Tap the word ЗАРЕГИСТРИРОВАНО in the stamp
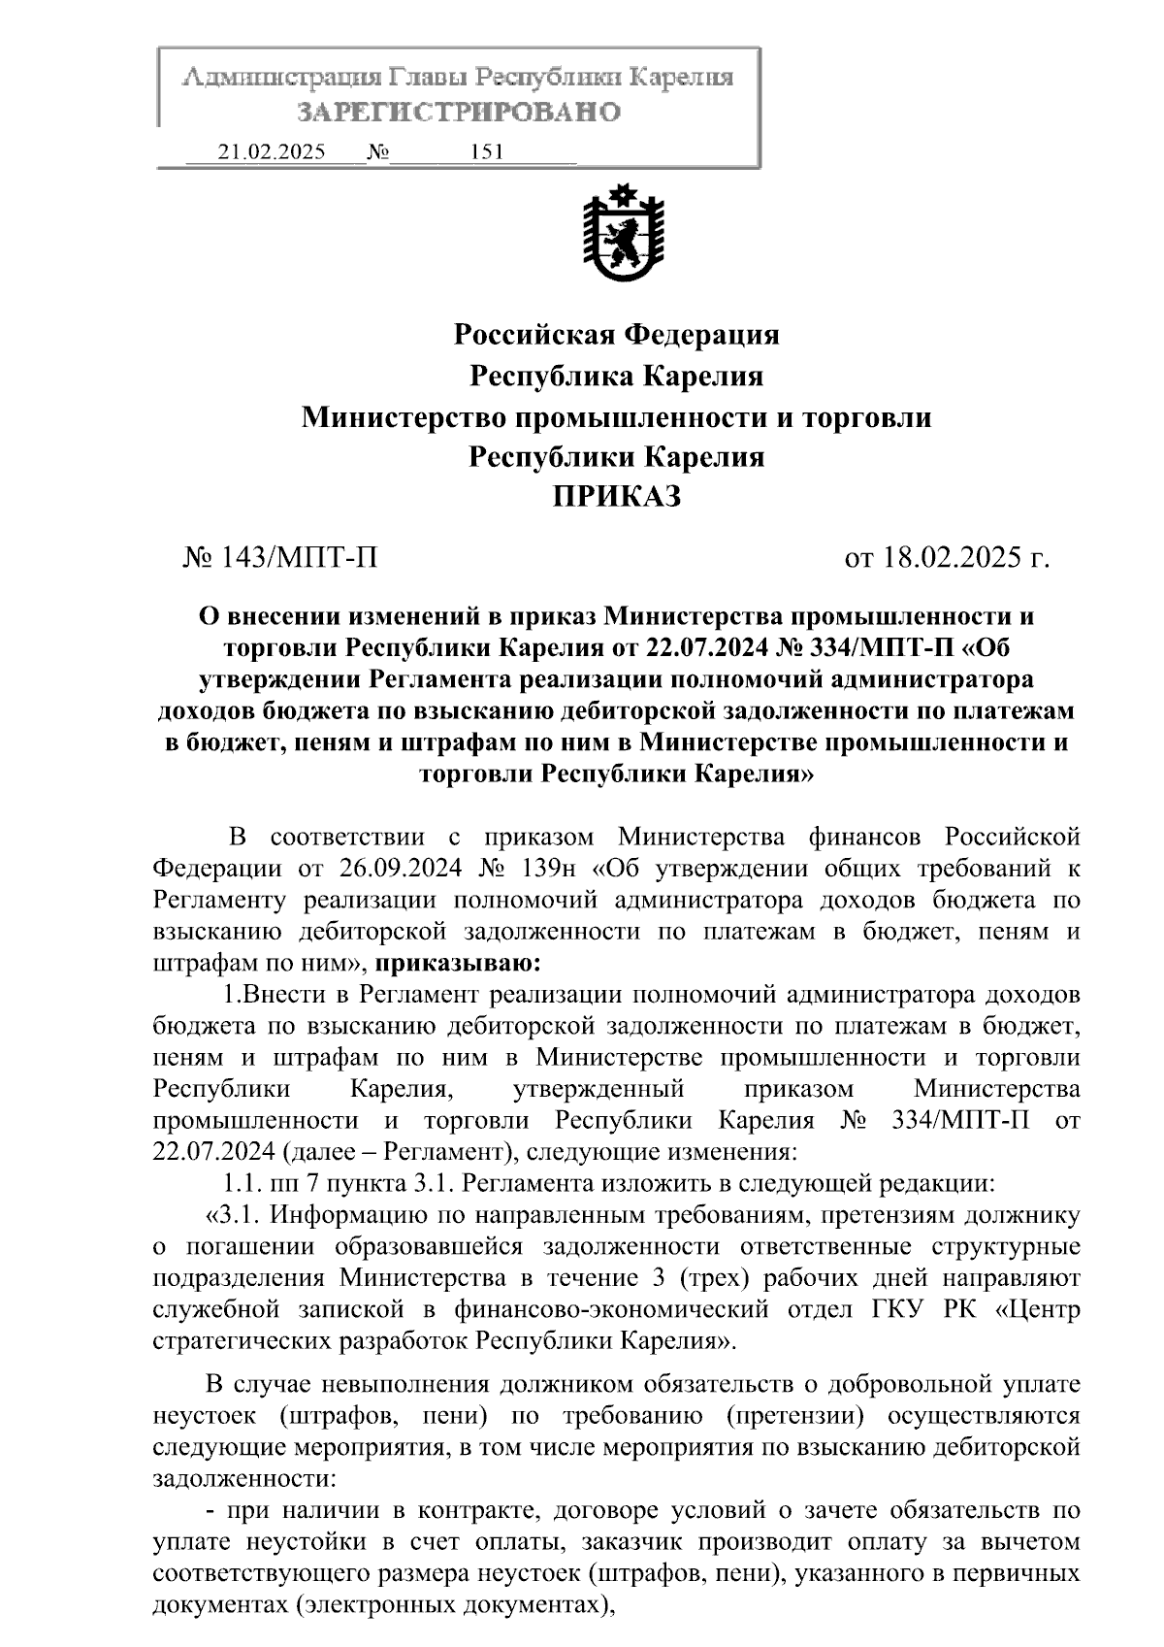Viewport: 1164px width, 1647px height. tap(458, 113)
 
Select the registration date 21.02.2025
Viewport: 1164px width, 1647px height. tap(273, 153)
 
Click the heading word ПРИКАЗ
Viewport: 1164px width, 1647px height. tap(617, 497)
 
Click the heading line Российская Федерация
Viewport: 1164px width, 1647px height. tap(617, 335)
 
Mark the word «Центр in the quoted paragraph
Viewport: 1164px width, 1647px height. tap(1038, 1308)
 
